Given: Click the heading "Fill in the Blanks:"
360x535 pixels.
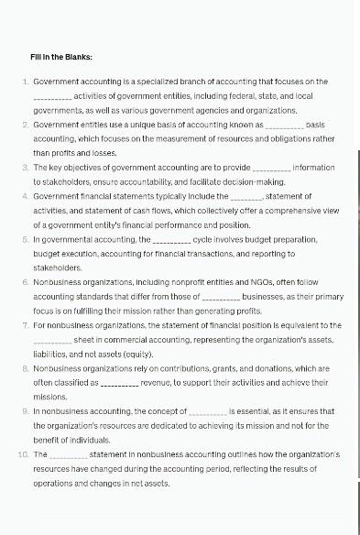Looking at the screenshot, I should pos(61,57).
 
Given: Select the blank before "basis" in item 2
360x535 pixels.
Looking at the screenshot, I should pos(284,125).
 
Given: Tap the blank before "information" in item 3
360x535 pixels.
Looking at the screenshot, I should pos(270,168).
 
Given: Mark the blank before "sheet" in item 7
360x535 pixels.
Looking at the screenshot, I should pos(52,340).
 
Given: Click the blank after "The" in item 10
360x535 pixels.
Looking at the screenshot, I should pos(69,454).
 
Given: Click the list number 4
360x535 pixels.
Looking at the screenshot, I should pos(25,196).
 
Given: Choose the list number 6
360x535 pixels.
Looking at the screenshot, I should pos(25,282).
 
